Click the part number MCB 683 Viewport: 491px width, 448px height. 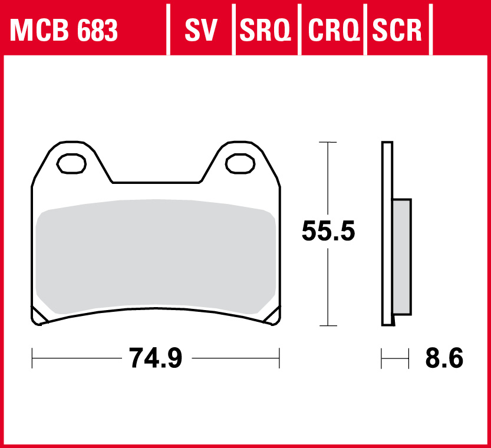click(64, 31)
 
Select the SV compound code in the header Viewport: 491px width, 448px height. click(201, 31)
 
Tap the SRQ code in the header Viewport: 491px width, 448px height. click(266, 31)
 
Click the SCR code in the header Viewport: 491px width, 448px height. click(397, 31)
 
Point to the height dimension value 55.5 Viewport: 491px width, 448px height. click(328, 230)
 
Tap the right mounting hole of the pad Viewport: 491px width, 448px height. click(240, 163)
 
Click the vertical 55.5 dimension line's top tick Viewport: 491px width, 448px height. click(327, 143)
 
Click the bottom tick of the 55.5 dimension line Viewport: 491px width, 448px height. click(327, 325)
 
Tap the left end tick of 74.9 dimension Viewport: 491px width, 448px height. click(32, 357)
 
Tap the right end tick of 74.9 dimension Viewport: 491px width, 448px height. click(279, 357)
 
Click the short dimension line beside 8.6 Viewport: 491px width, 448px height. click(395, 357)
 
